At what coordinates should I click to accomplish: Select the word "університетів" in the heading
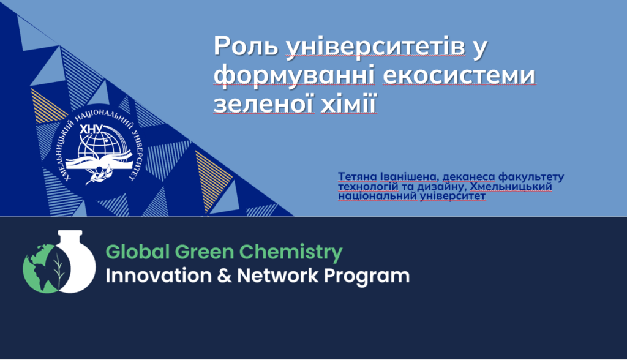(x=376, y=47)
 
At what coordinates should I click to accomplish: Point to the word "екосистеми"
(x=459, y=75)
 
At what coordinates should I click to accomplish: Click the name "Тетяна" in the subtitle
(x=358, y=176)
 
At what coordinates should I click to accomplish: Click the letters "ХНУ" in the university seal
(x=92, y=129)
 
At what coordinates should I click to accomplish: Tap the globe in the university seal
(x=99, y=147)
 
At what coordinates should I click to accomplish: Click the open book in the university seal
(x=99, y=162)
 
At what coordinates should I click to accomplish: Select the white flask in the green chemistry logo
(x=74, y=262)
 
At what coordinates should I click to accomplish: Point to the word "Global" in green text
(x=138, y=252)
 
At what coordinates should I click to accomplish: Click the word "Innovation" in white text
(x=159, y=276)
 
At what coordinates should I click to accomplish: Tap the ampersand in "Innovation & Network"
(x=224, y=276)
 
